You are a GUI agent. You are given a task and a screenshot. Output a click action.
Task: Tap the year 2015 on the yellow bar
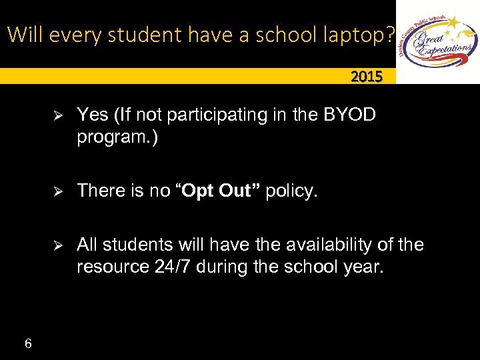click(x=367, y=77)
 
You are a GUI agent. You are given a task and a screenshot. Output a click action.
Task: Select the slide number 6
click(x=27, y=344)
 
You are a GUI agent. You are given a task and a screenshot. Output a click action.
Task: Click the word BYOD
click(x=349, y=115)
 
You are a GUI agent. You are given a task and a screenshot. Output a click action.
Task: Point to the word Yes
click(x=93, y=115)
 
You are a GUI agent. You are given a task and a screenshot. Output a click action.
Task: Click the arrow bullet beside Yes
click(x=57, y=116)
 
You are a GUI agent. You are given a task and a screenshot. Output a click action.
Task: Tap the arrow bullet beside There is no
click(x=57, y=192)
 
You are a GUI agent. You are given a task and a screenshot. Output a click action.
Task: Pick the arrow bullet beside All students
click(x=57, y=246)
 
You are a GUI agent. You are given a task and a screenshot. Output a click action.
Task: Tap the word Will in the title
click(x=24, y=34)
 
